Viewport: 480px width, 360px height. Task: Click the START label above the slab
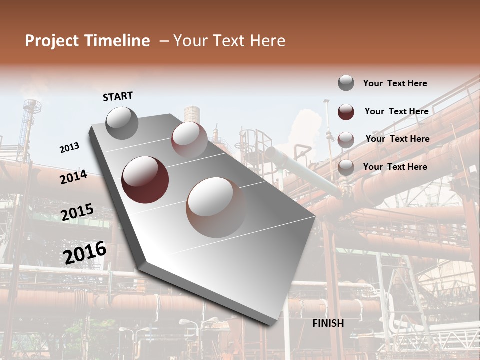click(118, 96)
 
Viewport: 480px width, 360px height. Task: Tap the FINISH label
click(328, 323)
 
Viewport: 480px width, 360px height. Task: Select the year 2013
click(70, 148)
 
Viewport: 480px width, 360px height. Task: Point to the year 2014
click(73, 177)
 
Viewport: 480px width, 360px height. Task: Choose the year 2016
click(85, 253)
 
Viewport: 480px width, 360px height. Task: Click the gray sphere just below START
click(122, 123)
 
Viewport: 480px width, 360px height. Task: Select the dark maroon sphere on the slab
click(145, 180)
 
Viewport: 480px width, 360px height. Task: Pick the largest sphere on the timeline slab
click(216, 207)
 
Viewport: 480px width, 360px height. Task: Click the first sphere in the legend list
click(346, 83)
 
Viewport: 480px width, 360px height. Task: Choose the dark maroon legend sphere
click(346, 112)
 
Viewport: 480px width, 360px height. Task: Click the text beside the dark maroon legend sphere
click(396, 111)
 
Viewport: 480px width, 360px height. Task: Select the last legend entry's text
click(395, 167)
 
